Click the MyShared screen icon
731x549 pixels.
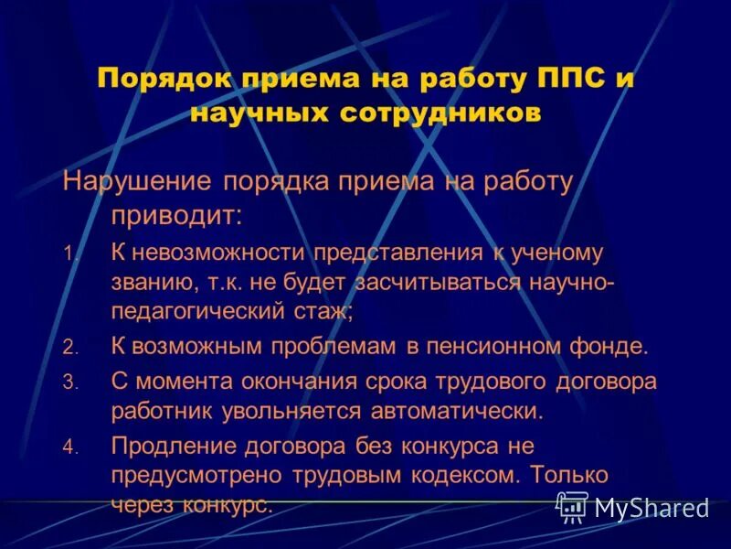573,506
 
